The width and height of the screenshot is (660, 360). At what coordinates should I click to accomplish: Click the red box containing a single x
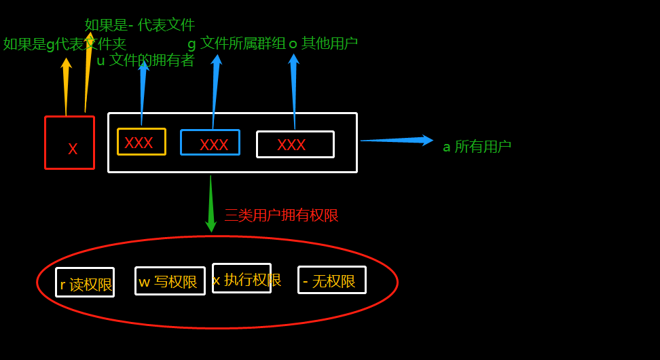(x=69, y=143)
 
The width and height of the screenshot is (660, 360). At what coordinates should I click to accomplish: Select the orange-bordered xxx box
(x=141, y=142)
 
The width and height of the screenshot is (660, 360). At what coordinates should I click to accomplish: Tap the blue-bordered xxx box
(x=210, y=143)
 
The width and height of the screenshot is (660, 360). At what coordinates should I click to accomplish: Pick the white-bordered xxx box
(x=295, y=144)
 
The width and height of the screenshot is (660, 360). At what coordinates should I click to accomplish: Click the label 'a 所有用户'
(x=477, y=147)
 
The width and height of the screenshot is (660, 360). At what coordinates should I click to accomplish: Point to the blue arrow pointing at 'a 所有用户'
(x=397, y=140)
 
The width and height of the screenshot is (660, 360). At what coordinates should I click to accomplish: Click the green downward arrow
(x=211, y=204)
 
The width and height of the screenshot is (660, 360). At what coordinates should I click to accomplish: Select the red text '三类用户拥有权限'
(x=281, y=215)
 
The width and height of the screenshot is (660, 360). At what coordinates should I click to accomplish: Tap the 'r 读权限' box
(x=85, y=283)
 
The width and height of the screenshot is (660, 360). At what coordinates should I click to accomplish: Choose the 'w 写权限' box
(x=170, y=281)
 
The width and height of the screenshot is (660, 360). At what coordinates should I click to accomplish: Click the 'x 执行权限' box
(x=242, y=278)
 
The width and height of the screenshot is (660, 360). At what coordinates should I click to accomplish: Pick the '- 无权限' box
(x=331, y=280)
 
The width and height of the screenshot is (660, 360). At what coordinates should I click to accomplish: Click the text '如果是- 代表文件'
(x=140, y=25)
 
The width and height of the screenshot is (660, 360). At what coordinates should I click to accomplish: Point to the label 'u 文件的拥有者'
(x=145, y=60)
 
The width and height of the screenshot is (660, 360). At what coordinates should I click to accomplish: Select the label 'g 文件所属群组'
(x=236, y=43)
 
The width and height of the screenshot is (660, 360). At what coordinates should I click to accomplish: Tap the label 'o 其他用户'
(x=323, y=43)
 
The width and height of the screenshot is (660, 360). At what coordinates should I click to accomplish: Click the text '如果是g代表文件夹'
(x=65, y=44)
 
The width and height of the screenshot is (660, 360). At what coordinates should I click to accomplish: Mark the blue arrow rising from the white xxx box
(x=294, y=91)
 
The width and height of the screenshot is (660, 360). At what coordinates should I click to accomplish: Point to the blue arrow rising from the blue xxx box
(x=215, y=91)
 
